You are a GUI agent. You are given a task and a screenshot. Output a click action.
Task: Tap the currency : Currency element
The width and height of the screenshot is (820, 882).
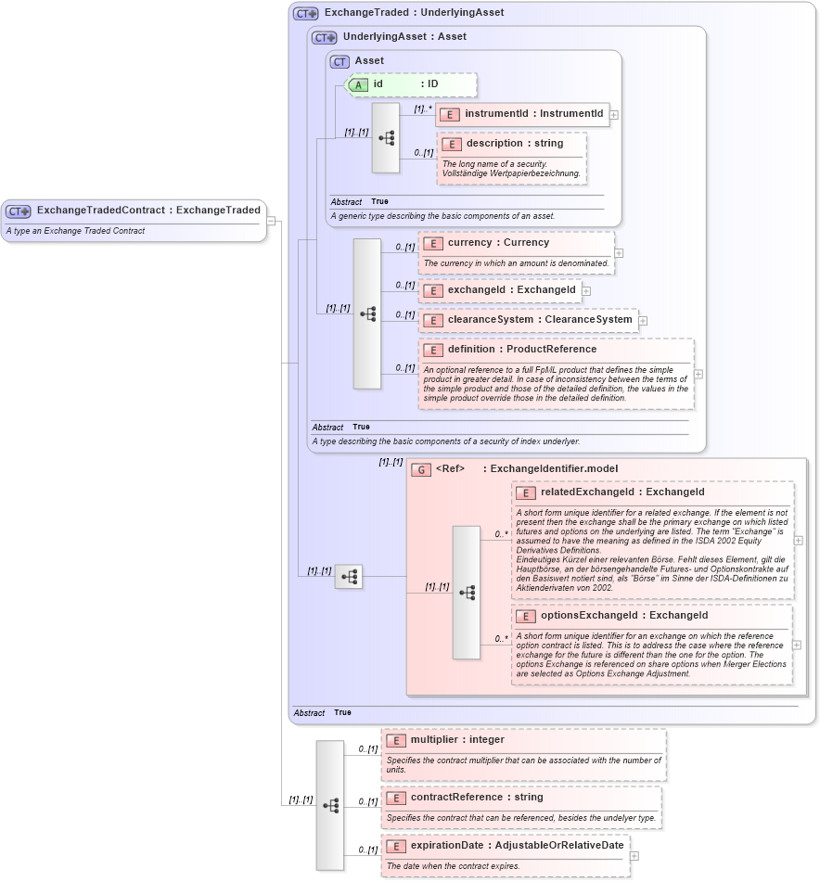click(498, 243)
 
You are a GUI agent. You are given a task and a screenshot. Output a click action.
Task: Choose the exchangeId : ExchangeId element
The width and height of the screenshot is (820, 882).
click(511, 290)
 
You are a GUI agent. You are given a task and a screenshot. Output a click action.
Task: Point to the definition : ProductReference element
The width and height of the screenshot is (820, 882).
click(521, 350)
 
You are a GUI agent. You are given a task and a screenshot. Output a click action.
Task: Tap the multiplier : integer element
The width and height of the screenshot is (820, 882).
click(457, 740)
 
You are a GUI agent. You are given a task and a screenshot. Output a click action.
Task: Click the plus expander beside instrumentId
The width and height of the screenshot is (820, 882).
click(614, 115)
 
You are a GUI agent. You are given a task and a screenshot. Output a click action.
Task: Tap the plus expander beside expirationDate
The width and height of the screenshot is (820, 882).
click(634, 856)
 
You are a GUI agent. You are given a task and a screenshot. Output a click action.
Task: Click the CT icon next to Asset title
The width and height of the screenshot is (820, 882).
click(340, 61)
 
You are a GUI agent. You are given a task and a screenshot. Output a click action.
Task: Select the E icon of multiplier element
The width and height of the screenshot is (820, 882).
click(396, 740)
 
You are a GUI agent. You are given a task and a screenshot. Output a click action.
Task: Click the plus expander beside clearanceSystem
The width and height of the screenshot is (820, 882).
click(643, 321)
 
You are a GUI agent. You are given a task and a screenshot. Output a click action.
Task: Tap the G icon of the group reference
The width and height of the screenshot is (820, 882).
click(421, 469)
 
